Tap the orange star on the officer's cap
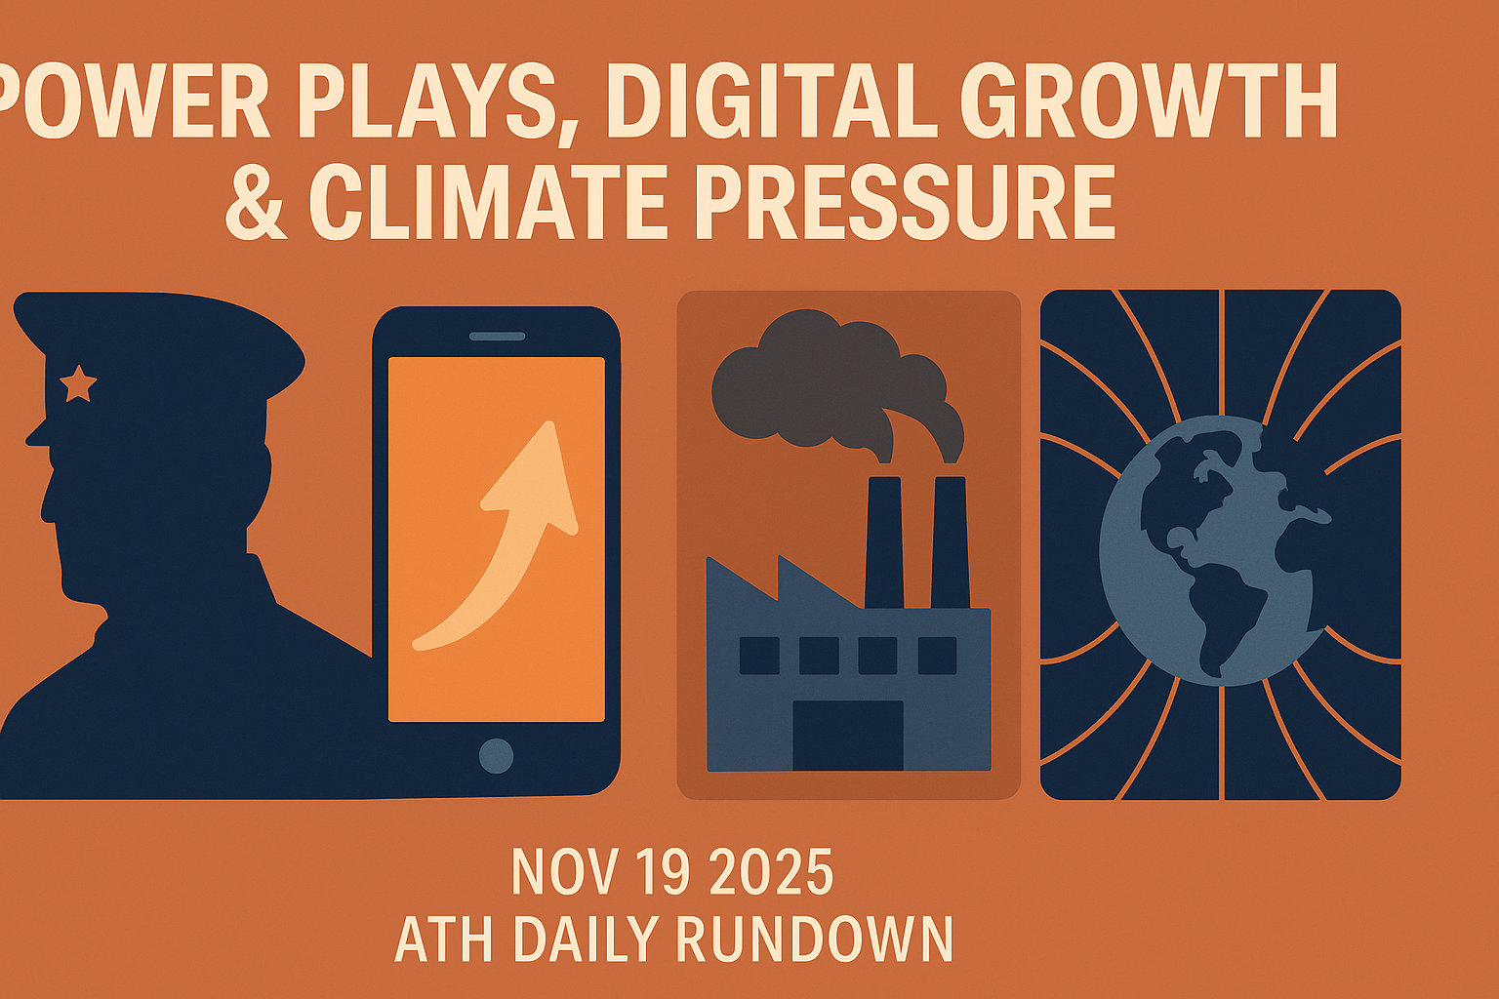(78, 383)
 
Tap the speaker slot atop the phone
(497, 337)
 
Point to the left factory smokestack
(884, 541)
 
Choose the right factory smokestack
(950, 541)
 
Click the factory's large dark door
(847, 734)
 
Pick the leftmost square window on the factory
(759, 656)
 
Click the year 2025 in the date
(771, 873)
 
